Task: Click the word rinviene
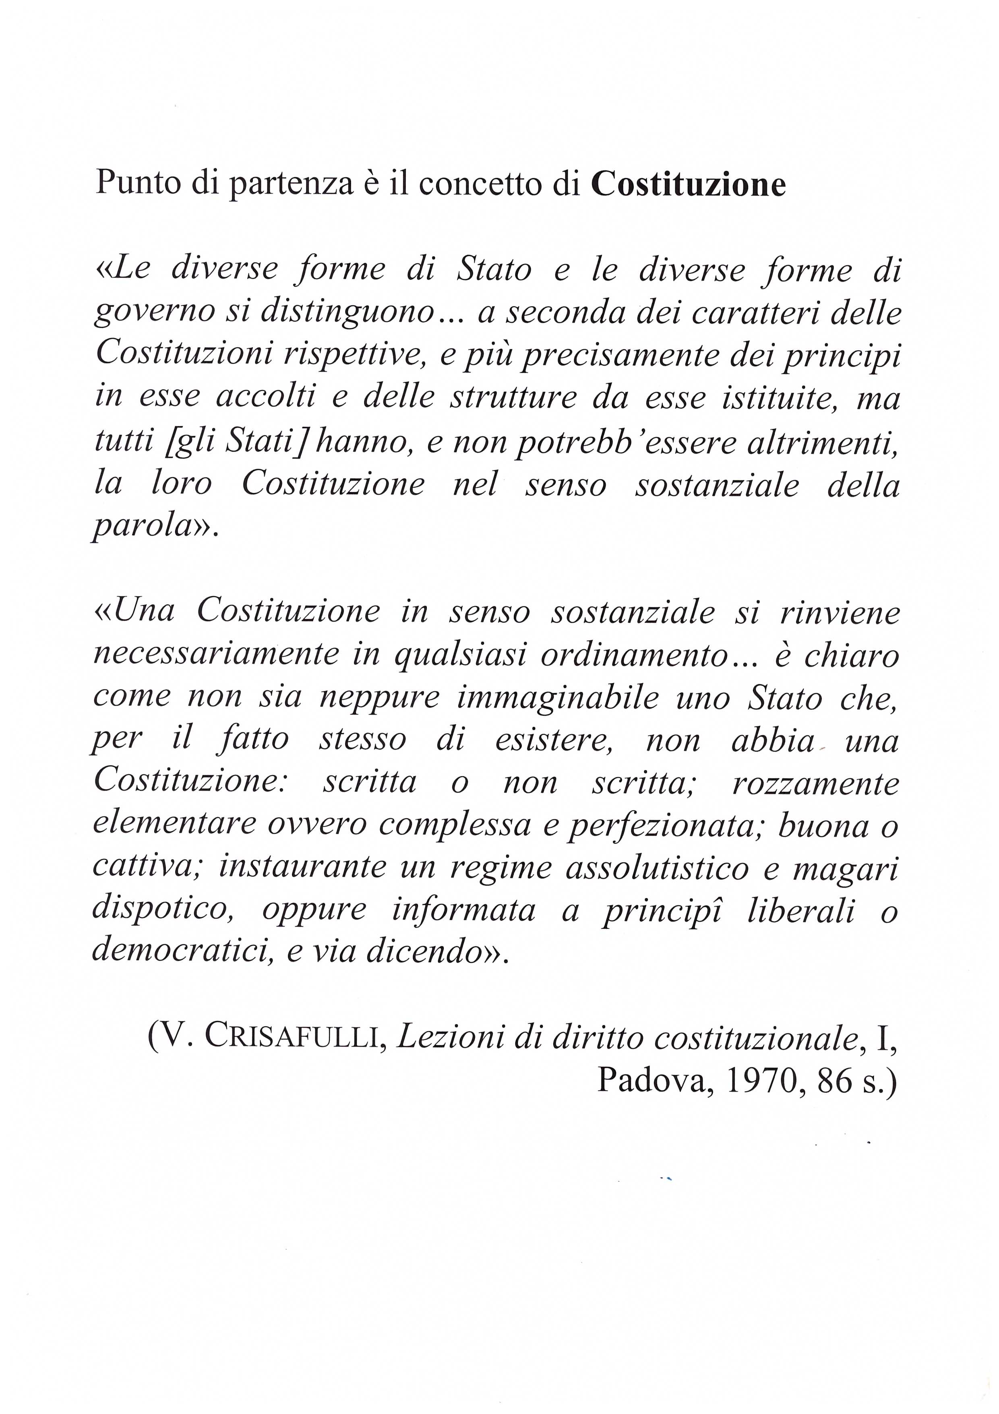tap(840, 612)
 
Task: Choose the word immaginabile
tap(557, 698)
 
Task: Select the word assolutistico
tap(657, 868)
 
